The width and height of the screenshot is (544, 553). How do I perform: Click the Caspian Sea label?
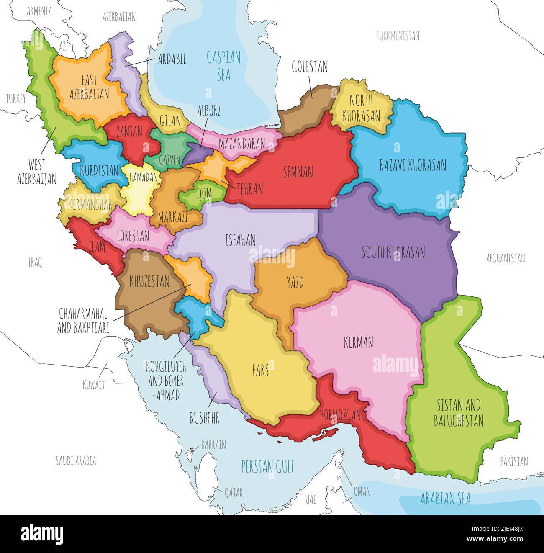224,66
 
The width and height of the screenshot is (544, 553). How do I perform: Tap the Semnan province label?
298,172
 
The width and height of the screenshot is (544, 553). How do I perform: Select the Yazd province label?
295,283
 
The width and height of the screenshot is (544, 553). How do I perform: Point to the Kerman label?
358,343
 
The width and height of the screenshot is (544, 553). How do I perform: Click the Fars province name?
260,370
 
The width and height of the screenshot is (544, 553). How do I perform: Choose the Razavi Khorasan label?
413,165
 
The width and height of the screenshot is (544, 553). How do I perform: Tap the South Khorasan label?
393,252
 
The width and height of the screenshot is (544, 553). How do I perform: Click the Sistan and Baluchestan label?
459,413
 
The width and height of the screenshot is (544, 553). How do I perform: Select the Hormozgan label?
340,415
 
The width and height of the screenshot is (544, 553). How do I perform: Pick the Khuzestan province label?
149,281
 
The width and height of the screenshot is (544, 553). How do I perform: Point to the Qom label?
204,193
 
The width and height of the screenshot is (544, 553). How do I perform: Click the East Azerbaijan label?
89,87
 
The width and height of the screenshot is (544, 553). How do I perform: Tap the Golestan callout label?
310,67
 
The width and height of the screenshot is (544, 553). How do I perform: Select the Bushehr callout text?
204,418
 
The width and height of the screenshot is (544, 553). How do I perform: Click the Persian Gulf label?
268,466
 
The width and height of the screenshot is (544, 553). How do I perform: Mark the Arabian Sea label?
445,499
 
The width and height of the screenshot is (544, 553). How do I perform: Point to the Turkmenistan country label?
398,36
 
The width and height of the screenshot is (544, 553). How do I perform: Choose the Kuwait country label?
93,385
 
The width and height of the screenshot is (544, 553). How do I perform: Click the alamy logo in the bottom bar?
42,534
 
